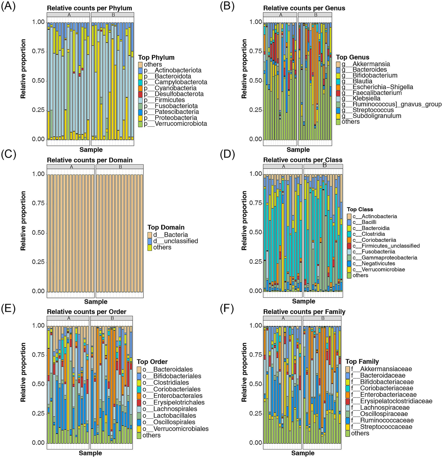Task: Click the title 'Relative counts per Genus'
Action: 304,8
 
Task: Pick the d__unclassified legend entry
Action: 175,241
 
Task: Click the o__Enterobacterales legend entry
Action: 178,396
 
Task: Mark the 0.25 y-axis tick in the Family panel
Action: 256,414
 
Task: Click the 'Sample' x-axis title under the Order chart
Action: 90,453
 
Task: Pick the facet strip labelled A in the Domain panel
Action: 71,167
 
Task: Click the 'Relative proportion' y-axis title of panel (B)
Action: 244,69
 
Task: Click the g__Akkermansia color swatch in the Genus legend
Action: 338,64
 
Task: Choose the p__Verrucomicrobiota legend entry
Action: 181,124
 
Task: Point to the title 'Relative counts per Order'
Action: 87,312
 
